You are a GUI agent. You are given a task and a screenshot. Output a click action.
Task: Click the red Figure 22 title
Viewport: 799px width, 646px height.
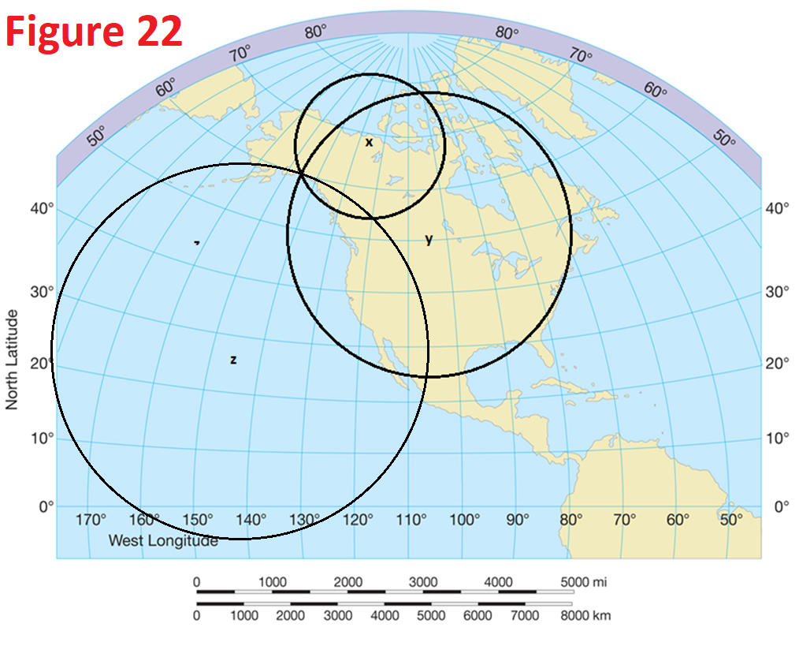tap(95, 32)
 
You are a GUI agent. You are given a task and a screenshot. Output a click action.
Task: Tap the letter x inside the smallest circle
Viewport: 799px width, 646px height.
tap(368, 142)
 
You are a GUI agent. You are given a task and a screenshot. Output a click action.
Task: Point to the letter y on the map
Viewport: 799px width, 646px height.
tap(429, 240)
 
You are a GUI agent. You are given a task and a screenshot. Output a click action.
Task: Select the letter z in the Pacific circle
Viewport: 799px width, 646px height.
tap(233, 360)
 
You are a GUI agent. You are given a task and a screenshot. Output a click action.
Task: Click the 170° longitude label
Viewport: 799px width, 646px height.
tap(91, 520)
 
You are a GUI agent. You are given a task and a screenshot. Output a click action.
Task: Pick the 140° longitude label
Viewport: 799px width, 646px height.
tap(251, 520)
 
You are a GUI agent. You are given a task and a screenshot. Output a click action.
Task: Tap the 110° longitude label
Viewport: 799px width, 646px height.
tap(411, 520)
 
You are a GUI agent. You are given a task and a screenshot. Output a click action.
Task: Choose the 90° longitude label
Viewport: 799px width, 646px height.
tap(517, 520)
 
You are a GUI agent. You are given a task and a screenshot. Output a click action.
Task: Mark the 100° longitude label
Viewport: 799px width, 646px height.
tap(464, 520)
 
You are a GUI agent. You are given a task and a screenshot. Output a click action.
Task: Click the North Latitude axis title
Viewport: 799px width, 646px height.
tap(12, 359)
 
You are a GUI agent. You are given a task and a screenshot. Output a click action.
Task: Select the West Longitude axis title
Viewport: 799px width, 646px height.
tap(163, 541)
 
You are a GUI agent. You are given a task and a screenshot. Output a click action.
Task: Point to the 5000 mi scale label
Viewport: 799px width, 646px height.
tap(584, 582)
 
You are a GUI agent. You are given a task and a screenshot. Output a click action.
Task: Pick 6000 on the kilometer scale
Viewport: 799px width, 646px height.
tap(478, 615)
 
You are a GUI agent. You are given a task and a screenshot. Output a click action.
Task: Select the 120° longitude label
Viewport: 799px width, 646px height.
tap(358, 520)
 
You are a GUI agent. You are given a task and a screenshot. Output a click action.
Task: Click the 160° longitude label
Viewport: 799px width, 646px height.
tap(144, 520)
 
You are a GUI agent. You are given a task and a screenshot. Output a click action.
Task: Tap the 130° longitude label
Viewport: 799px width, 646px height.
tap(304, 520)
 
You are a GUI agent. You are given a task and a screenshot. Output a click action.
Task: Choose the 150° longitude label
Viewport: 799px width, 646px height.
tap(198, 520)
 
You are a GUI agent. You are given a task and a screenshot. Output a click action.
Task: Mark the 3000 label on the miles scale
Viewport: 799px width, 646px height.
tap(423, 582)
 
